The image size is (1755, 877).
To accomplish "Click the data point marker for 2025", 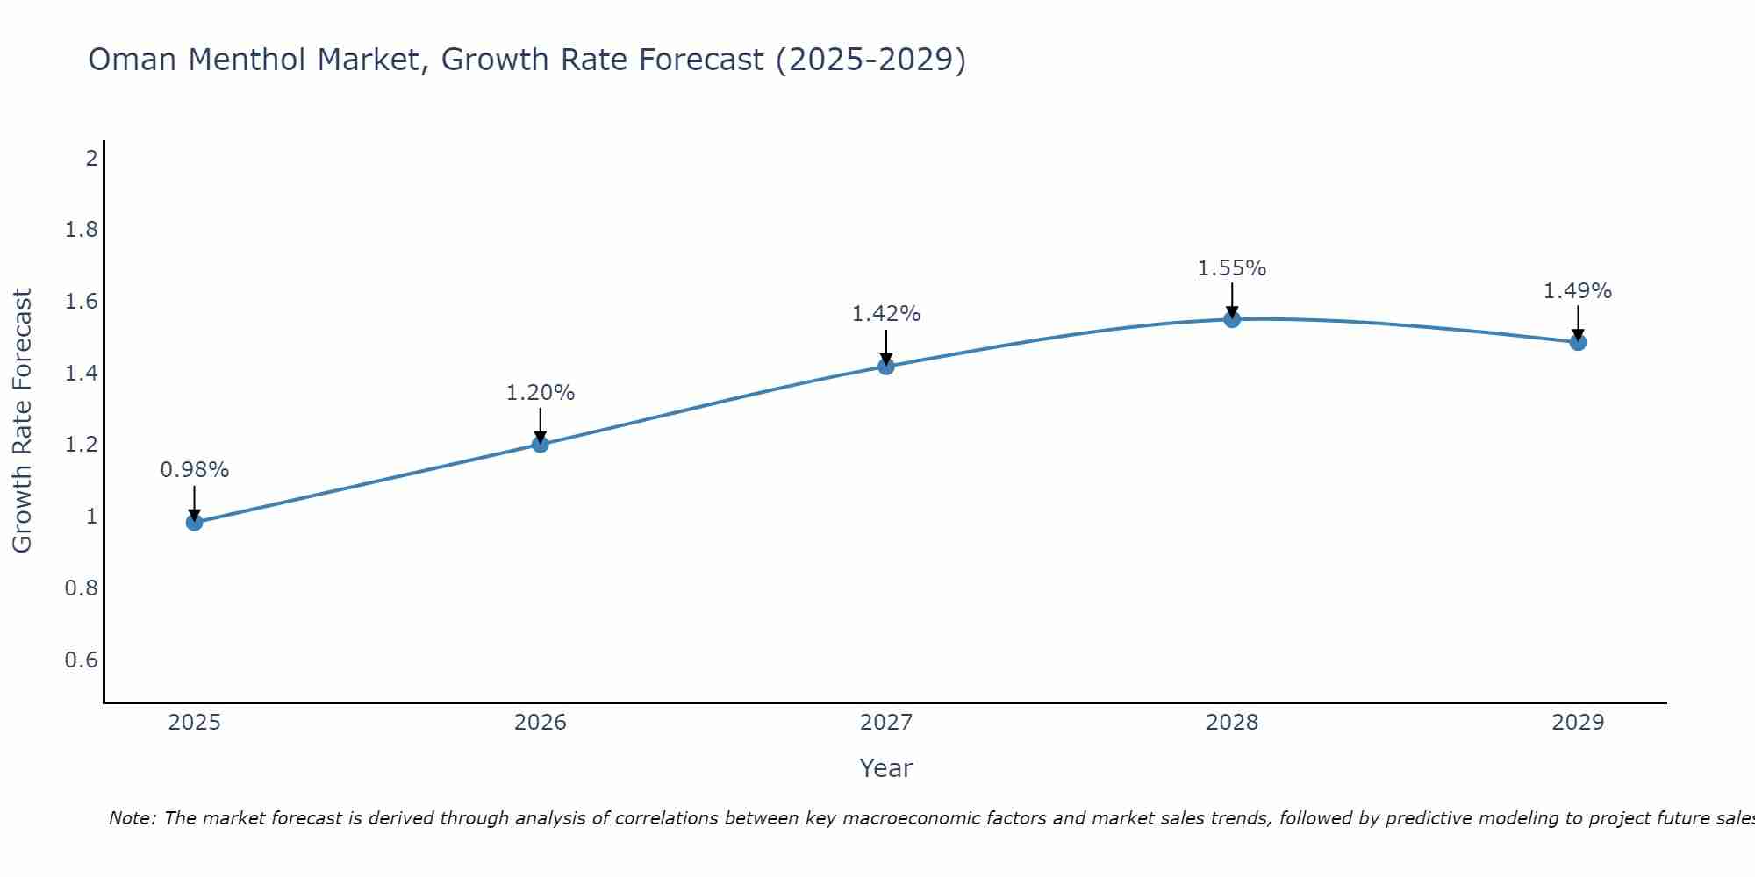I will (x=194, y=523).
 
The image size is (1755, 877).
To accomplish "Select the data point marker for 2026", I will (x=540, y=445).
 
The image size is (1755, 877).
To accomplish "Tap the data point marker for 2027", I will (x=886, y=366).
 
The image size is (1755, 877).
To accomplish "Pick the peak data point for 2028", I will (x=1232, y=319).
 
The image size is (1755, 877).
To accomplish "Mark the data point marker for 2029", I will (x=1578, y=342).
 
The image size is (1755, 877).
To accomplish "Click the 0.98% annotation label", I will (x=194, y=470).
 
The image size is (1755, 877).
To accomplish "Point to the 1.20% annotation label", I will (x=540, y=393).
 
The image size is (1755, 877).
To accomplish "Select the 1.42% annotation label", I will (x=886, y=314).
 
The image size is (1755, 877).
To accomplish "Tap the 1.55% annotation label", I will (x=1232, y=268).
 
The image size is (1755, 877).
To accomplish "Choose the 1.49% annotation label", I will (x=1578, y=291).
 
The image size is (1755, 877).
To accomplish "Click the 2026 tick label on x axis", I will (x=540, y=723).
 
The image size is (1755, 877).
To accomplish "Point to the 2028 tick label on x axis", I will (x=1232, y=723).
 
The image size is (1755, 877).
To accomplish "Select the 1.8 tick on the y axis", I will (x=82, y=230).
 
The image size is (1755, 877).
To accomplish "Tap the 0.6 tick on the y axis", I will (x=82, y=660).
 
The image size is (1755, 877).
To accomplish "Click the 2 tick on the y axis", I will (x=91, y=159).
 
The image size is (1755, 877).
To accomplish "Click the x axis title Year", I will (x=886, y=768).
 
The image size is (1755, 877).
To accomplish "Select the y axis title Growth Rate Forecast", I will (x=22, y=421).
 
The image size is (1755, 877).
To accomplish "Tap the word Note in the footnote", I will (x=132, y=818).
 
